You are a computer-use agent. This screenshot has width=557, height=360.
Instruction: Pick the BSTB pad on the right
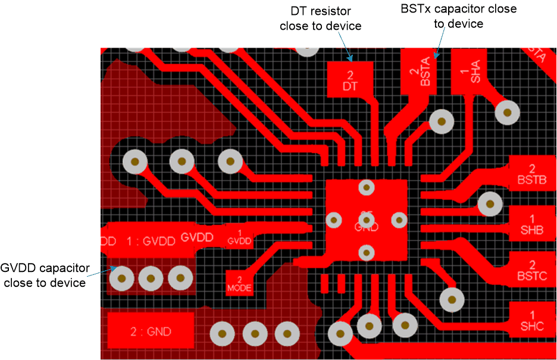531,174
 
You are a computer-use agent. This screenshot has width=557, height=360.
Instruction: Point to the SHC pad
531,320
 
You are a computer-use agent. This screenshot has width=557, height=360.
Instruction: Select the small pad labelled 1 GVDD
240,237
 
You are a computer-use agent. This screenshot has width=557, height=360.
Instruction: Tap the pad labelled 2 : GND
151,330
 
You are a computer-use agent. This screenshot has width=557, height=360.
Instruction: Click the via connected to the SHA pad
508,112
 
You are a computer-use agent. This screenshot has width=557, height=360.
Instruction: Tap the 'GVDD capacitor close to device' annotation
45,275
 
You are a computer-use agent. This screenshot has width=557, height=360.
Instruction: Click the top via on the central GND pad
366,187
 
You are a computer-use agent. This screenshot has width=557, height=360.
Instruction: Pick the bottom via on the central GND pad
366,253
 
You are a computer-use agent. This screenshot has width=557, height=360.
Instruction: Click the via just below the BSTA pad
442,122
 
